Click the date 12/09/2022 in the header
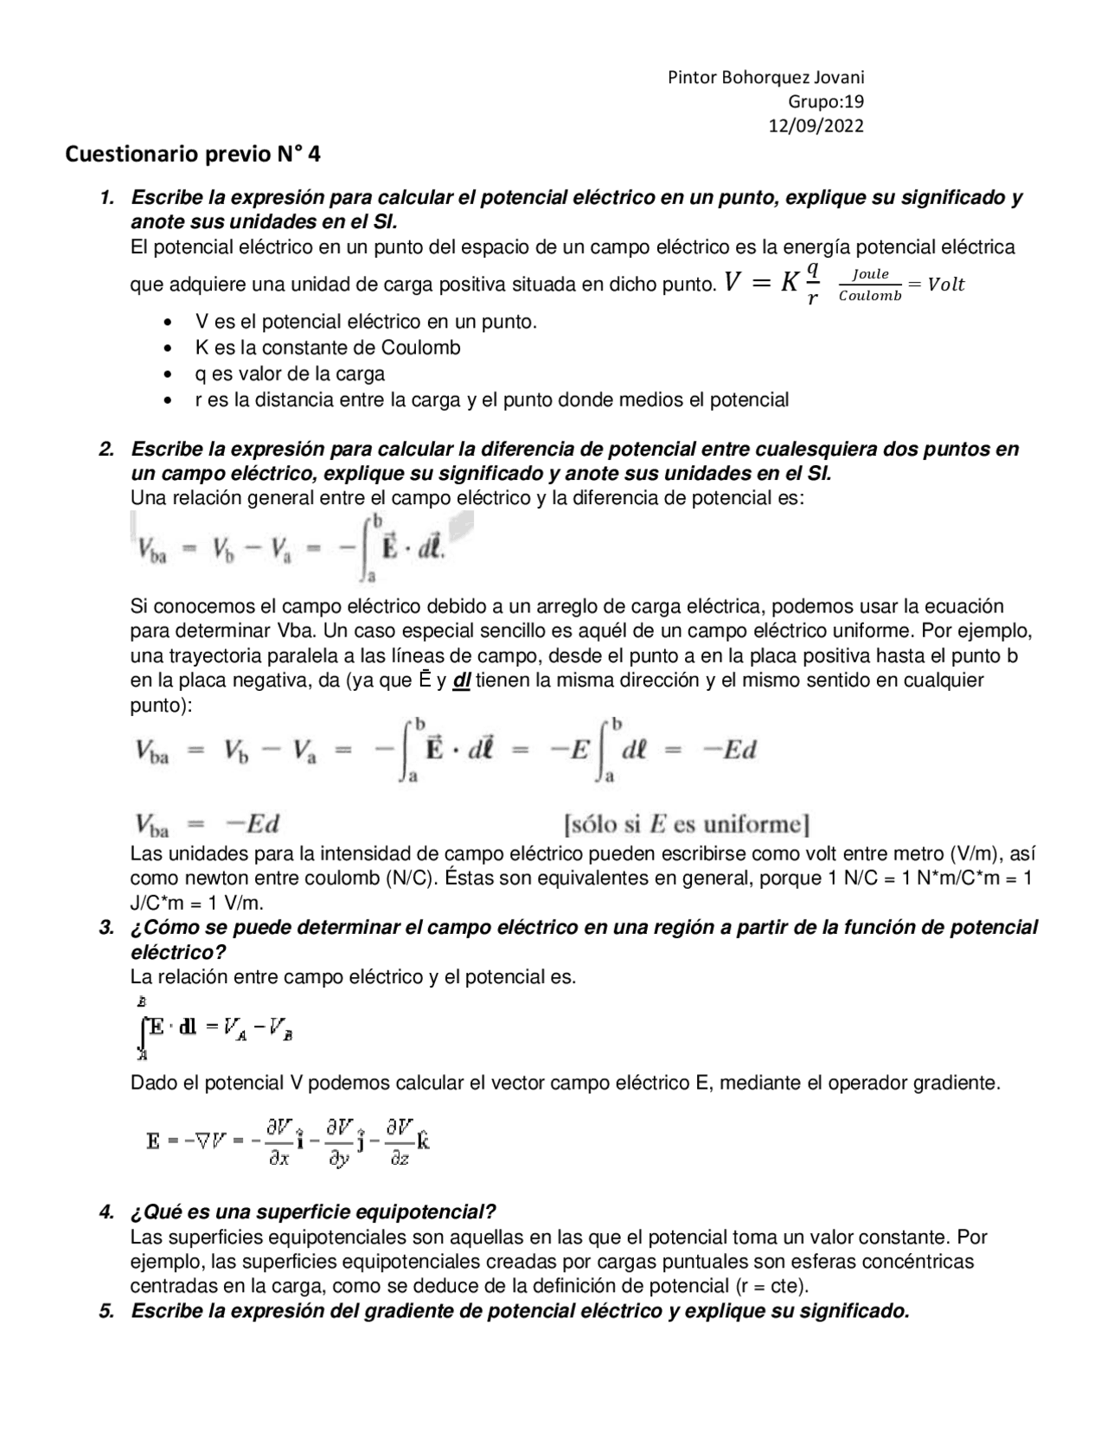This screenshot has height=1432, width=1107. (x=816, y=126)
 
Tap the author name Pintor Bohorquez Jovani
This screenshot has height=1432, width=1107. (x=766, y=78)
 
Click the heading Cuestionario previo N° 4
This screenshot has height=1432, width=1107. (x=193, y=155)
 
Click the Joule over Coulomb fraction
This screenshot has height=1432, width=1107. (x=870, y=284)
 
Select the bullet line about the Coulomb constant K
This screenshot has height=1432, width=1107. (x=328, y=348)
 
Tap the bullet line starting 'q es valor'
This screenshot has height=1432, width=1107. (x=290, y=374)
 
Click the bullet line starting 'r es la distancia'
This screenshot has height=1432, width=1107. (x=491, y=400)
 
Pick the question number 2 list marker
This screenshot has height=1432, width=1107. (x=106, y=450)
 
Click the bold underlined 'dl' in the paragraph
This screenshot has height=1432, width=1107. (x=461, y=681)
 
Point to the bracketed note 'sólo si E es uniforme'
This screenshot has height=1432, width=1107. (x=687, y=823)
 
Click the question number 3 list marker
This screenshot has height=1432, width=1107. (x=106, y=928)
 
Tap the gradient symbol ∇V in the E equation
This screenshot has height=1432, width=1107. (x=211, y=1141)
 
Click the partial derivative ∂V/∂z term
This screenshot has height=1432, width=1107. (x=399, y=1141)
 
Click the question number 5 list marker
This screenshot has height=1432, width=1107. (x=106, y=1311)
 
